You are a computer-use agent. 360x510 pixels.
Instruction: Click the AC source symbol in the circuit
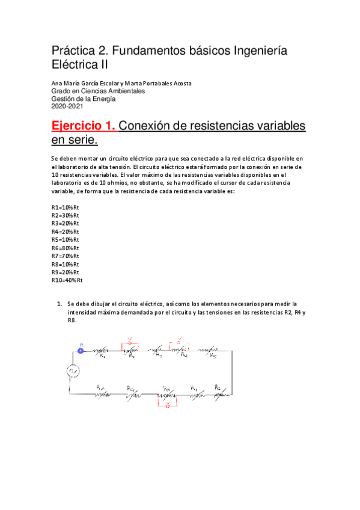pos(73,371)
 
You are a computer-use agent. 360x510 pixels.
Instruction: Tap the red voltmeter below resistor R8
pos(168,405)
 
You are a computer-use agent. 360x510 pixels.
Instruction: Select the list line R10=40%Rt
pos(67,280)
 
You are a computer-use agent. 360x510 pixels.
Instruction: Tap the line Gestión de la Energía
pos(83,99)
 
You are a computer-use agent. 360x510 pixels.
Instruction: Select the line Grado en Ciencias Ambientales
pos(97,91)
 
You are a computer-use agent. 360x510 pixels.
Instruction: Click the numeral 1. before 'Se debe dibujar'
pos(59,305)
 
